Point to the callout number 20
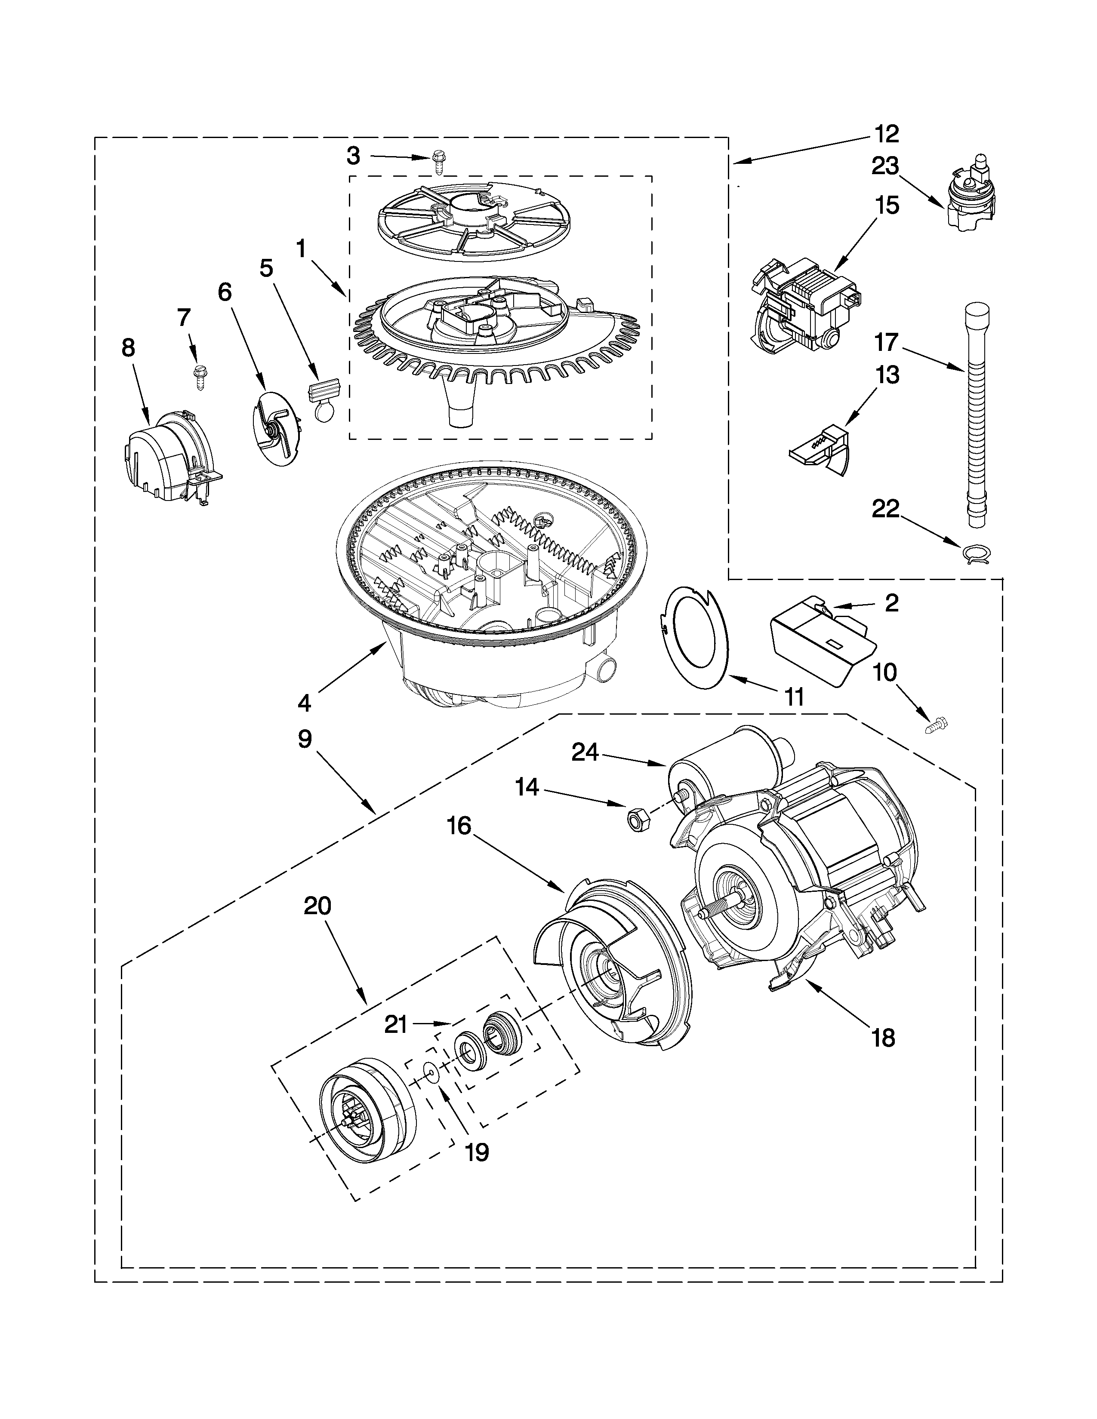click(x=317, y=906)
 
